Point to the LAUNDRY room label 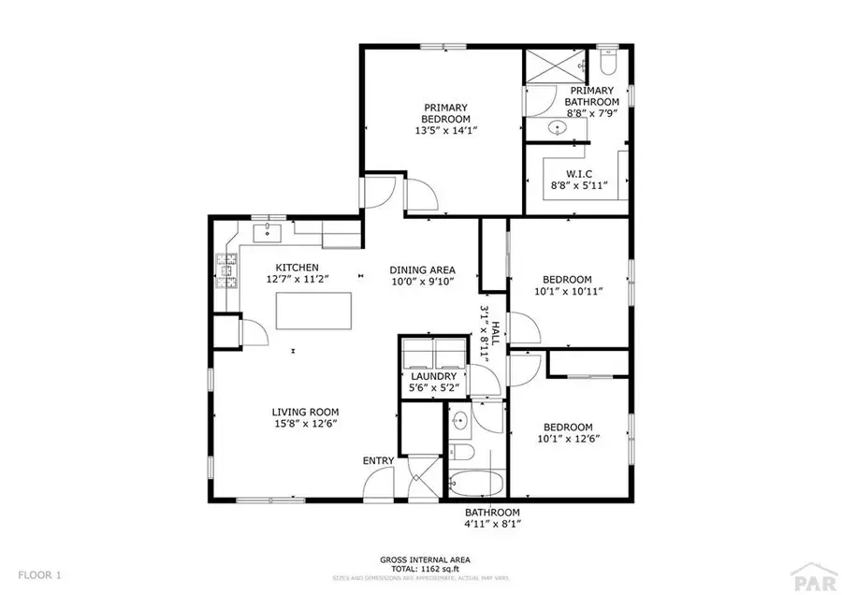[x=433, y=377]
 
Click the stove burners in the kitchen [x=225, y=269]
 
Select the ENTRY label [x=378, y=461]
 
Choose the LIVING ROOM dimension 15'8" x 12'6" [x=305, y=424]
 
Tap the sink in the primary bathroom [x=559, y=127]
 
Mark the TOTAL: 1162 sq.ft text [x=425, y=567]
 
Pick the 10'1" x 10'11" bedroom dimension [x=567, y=292]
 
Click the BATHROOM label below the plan [x=493, y=513]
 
